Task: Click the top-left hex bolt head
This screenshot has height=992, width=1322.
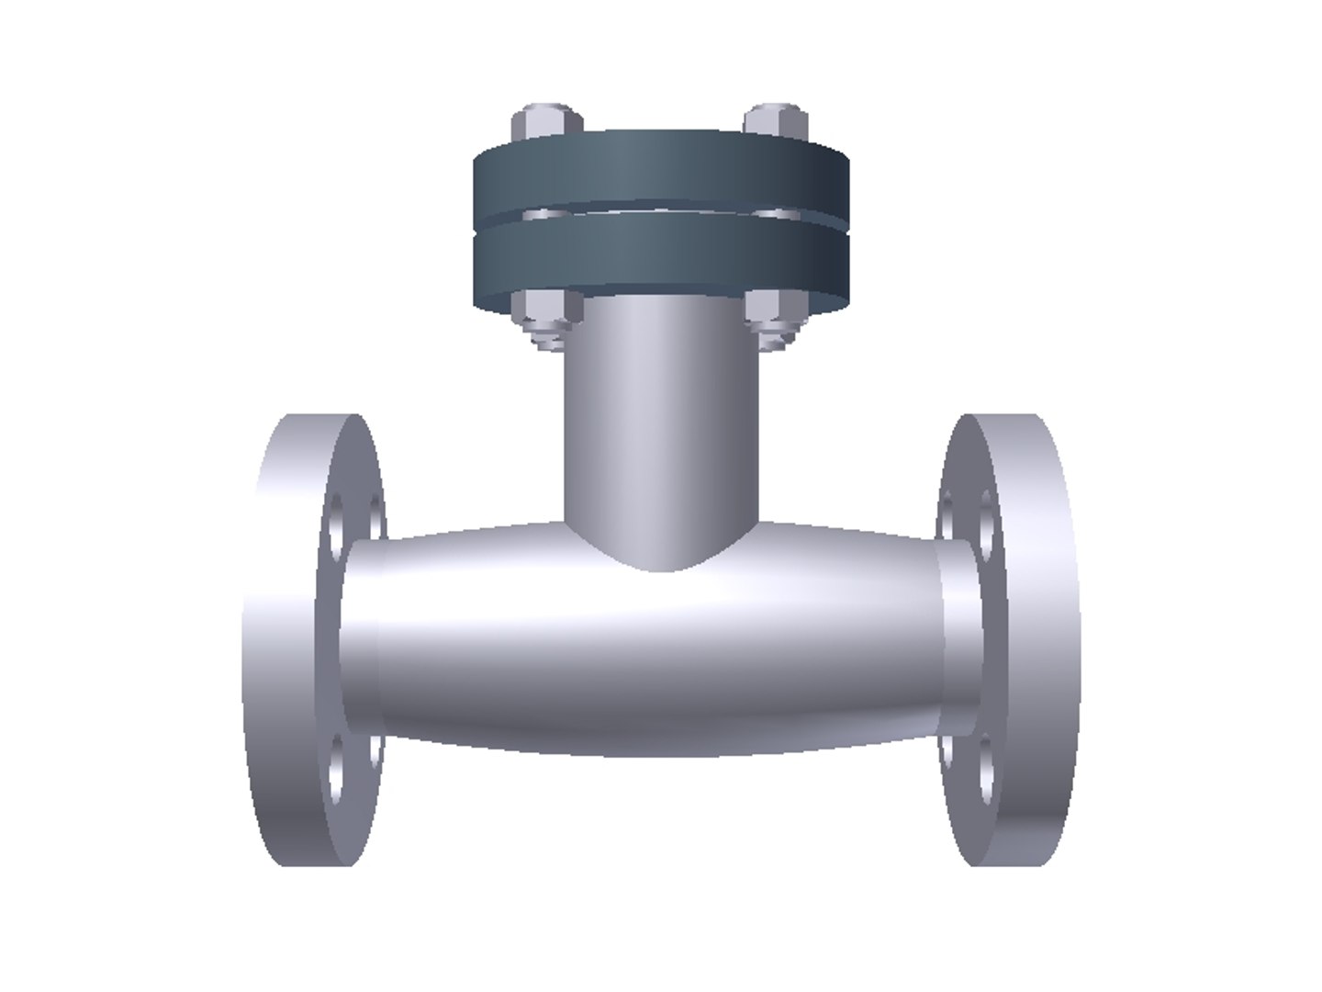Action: tap(546, 123)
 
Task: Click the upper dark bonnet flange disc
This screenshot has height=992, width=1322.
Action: tap(661, 170)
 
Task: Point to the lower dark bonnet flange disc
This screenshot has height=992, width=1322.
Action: tap(661, 257)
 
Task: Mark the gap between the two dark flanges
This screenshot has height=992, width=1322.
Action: tap(661, 214)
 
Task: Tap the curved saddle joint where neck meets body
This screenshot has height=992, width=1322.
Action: tap(661, 551)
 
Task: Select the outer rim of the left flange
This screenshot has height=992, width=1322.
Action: tap(275, 643)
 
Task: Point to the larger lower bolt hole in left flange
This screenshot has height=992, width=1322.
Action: tap(336, 762)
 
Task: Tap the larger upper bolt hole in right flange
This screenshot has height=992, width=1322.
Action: tap(986, 528)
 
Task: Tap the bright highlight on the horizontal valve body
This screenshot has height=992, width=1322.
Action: tap(661, 615)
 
